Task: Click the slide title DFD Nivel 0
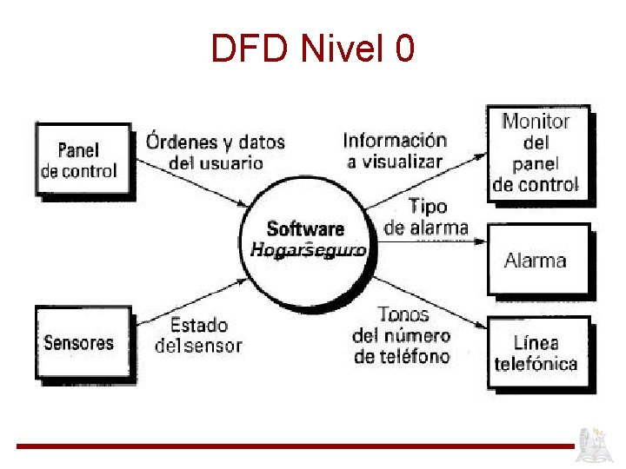(313, 50)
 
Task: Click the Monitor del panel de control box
(536, 153)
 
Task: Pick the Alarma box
(536, 260)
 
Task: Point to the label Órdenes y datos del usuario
(215, 150)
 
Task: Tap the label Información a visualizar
(395, 150)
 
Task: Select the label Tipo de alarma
(426, 217)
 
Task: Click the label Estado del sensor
(199, 335)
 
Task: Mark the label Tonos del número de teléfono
(402, 335)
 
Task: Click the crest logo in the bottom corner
(599, 444)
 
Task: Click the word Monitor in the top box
(536, 122)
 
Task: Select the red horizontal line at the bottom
(296, 446)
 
